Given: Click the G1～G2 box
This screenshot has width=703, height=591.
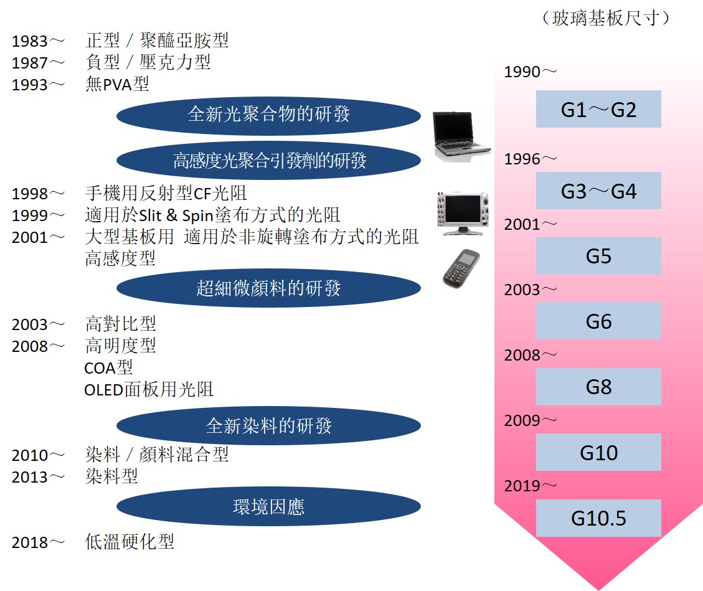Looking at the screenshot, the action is (598, 109).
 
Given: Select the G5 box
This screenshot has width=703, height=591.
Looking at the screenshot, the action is (598, 256).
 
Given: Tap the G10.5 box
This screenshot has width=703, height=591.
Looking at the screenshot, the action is (598, 518).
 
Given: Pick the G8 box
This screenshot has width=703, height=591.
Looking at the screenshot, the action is (598, 387).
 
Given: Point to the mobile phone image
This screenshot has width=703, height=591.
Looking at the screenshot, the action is (461, 268).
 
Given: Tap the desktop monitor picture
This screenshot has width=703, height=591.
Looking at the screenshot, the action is (463, 214).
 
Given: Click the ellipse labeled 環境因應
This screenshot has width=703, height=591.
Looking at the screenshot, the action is (268, 506).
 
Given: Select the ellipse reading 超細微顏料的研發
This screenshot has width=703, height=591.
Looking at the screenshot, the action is (268, 288).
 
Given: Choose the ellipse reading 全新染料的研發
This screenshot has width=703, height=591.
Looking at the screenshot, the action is (268, 425).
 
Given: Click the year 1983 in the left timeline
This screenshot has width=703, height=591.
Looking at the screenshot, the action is (30, 41).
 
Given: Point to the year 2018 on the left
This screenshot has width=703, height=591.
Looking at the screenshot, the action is (30, 542).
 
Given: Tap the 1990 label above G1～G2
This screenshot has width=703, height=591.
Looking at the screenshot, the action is (522, 72).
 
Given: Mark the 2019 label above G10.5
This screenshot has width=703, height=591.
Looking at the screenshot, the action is (522, 486).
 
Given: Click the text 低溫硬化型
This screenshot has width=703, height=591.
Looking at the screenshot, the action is (130, 542).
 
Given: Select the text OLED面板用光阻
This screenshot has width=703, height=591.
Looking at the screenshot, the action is (149, 389).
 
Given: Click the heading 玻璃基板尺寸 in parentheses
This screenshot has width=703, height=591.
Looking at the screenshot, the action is (606, 18).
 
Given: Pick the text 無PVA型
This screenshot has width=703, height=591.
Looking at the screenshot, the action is (117, 84).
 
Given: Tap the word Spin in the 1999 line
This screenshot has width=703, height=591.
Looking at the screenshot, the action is (197, 215).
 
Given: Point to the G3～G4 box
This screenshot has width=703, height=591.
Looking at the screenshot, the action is (598, 191).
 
